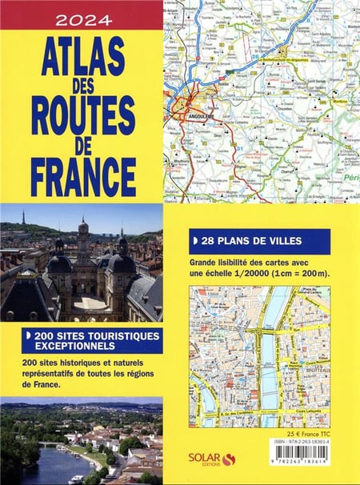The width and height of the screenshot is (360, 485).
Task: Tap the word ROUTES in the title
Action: coord(83,116)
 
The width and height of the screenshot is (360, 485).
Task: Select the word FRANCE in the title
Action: coord(83,177)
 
